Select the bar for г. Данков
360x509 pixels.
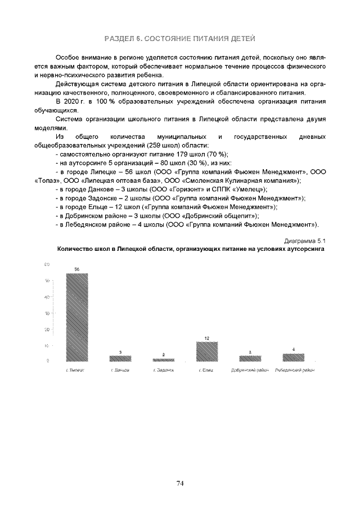120,358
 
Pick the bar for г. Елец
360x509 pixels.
206,352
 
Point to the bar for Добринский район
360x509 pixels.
250,358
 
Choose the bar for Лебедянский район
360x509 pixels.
293,357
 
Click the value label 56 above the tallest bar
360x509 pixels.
77,269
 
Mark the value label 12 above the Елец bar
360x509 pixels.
206,338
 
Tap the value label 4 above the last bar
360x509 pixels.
293,350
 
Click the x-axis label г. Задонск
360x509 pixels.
163,371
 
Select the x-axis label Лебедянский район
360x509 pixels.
294,371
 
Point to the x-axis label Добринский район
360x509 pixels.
250,371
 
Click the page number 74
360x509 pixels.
180,483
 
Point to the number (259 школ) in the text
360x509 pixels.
163,145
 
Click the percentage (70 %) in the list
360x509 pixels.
217,154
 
